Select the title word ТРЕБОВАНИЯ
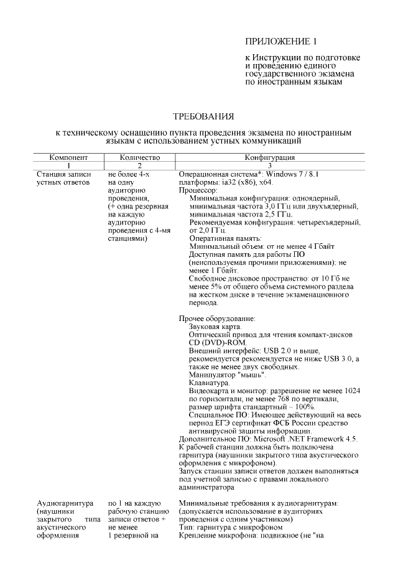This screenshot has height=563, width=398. tap(203, 116)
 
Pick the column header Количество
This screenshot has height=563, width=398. tap(140, 159)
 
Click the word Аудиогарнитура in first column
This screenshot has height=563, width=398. tap(65, 504)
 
